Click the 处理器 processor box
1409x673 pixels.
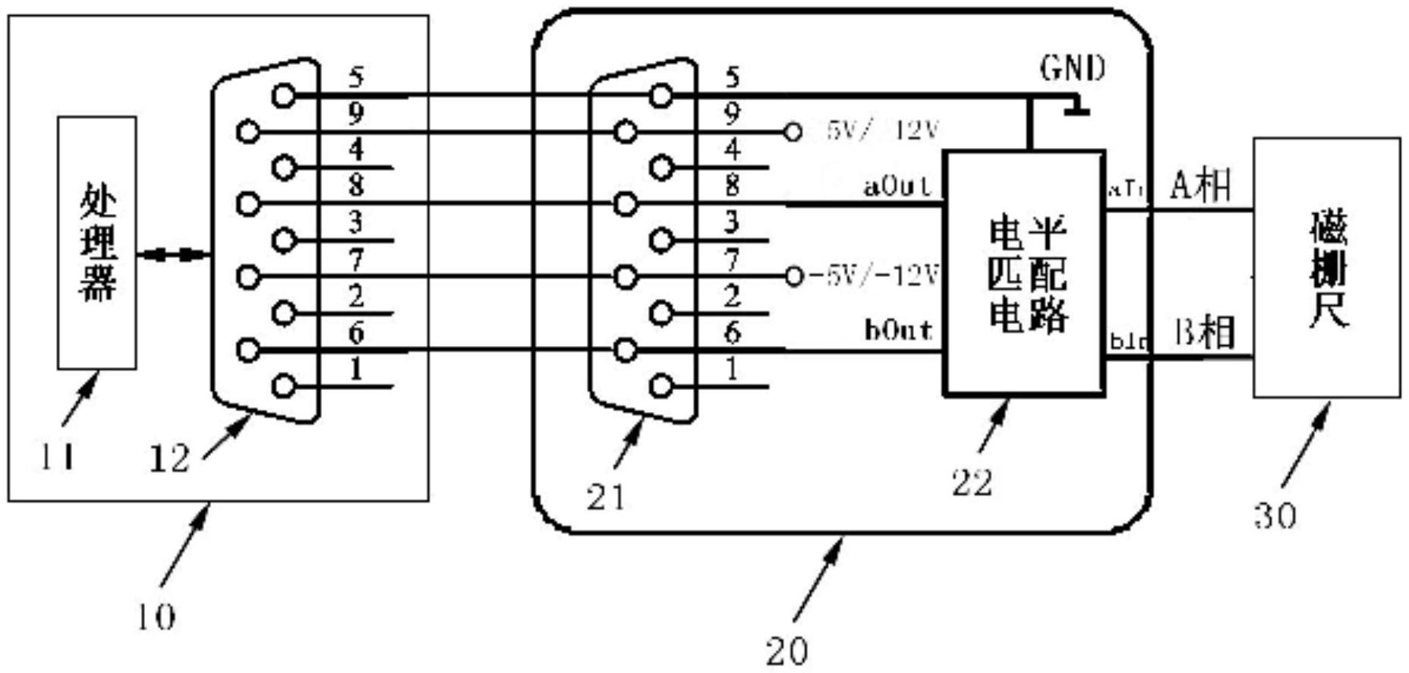pyautogui.click(x=97, y=243)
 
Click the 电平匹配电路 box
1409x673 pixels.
pyautogui.click(x=1024, y=273)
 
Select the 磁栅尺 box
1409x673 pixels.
pyautogui.click(x=1326, y=267)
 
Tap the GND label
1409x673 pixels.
pyautogui.click(x=1072, y=69)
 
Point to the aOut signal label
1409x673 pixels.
pyautogui.click(x=897, y=186)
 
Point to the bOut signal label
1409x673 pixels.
pyautogui.click(x=898, y=331)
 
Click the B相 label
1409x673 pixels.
pyautogui.click(x=1204, y=332)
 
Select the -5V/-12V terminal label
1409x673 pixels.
pyautogui.click(x=873, y=275)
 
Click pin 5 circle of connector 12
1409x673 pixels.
pyautogui.click(x=284, y=96)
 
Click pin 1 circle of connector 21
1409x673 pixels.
pyautogui.click(x=661, y=386)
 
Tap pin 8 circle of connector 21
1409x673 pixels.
pyautogui.click(x=626, y=204)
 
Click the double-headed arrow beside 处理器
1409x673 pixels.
pyautogui.click(x=173, y=255)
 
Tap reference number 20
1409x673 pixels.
pyautogui.click(x=786, y=651)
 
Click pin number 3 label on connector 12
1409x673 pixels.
pyautogui.click(x=355, y=222)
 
